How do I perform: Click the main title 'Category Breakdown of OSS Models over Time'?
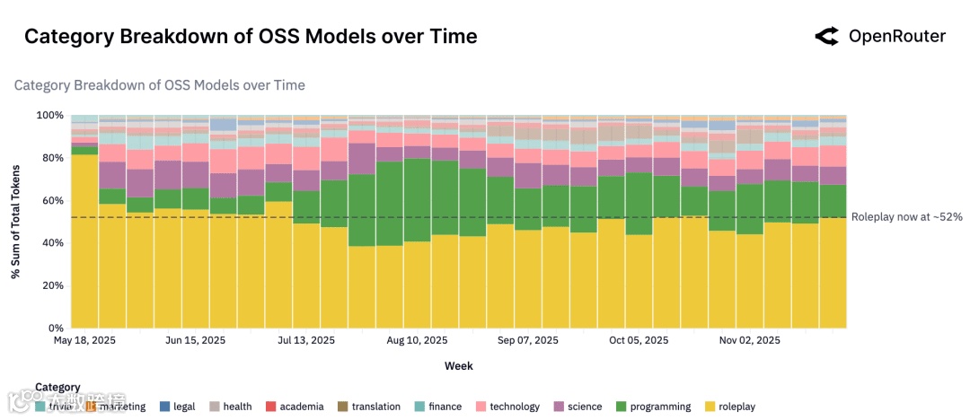[251, 37]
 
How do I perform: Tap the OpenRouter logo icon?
[826, 37]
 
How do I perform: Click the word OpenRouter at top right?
[896, 37]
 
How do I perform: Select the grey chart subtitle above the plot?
[159, 85]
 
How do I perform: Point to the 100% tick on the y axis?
[49, 116]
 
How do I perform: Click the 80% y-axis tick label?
[52, 159]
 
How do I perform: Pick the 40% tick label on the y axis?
[52, 243]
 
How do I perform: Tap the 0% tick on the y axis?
[56, 328]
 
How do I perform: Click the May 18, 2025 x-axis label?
[86, 341]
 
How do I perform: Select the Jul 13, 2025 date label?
[306, 341]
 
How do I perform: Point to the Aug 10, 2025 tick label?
[417, 341]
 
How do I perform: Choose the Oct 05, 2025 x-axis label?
[639, 341]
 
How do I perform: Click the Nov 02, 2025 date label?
[750, 341]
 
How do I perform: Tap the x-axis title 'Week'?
[458, 366]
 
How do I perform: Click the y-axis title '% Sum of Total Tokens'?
[16, 222]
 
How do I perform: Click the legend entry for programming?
[653, 407]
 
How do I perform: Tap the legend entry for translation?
[368, 407]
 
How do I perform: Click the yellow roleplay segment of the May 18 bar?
[84, 242]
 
